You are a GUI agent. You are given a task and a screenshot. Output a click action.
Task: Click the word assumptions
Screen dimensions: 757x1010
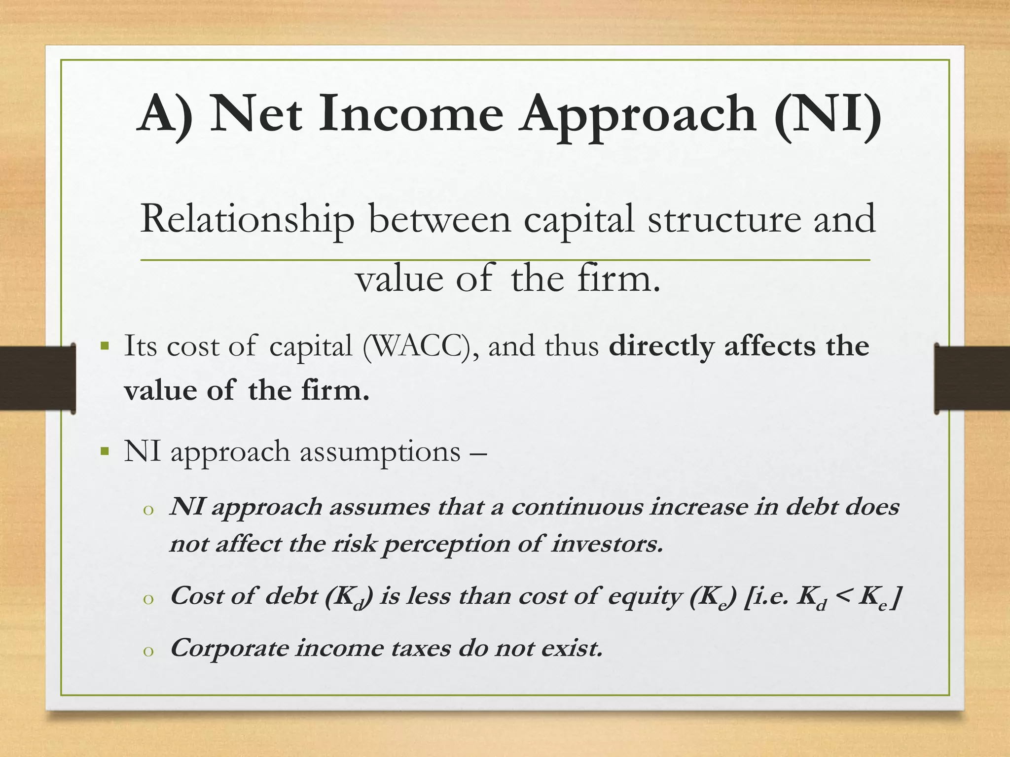pos(380,452)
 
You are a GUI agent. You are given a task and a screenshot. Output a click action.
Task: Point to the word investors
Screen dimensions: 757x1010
pos(607,544)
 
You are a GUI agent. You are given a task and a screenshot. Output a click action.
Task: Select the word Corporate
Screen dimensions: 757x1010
pos(229,649)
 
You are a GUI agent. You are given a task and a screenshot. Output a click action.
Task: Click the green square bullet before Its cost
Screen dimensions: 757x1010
pos(104,345)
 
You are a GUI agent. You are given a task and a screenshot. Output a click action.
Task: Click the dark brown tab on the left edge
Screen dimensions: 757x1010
pos(37,378)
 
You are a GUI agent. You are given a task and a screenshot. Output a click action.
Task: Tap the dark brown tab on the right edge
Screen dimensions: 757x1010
pos(972,378)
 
